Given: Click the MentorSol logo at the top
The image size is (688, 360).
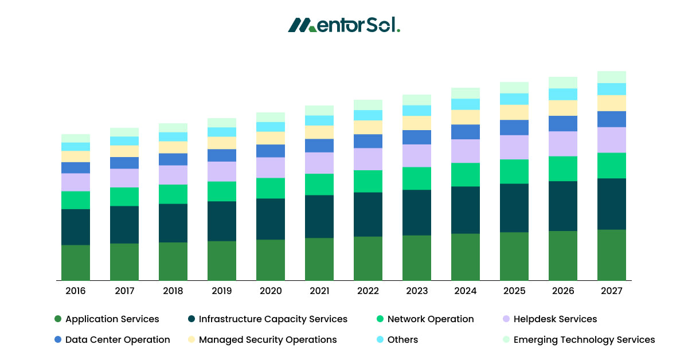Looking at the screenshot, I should click(x=344, y=25).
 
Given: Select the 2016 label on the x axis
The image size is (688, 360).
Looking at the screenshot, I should click(x=76, y=291).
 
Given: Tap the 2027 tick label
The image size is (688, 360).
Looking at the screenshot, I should click(x=611, y=291).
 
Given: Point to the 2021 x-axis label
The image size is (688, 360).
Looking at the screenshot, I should click(x=319, y=291).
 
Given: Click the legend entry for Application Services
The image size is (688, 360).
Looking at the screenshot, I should click(x=107, y=319).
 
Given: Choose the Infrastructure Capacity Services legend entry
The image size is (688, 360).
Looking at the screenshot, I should click(x=268, y=319).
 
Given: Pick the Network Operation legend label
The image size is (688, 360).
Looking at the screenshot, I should click(x=425, y=319).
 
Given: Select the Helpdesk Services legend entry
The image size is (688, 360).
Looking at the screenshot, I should click(x=549, y=319).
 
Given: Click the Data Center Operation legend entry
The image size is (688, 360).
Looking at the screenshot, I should click(x=112, y=340).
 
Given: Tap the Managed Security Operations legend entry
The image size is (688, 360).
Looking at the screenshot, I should click(x=262, y=340).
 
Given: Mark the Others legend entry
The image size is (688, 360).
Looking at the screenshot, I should click(x=397, y=340).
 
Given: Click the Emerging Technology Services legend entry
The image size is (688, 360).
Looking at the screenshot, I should click(x=578, y=340).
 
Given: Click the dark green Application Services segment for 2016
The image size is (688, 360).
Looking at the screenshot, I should click(x=76, y=263).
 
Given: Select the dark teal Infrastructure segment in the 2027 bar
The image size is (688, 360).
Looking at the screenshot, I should click(x=611, y=204).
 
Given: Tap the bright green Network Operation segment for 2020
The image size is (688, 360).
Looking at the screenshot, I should click(x=271, y=188).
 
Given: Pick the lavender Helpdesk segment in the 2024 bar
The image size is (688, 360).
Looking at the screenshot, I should click(x=466, y=151).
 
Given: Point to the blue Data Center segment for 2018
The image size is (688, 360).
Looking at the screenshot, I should click(x=173, y=159).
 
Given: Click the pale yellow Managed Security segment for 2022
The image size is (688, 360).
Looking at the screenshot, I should click(x=368, y=127).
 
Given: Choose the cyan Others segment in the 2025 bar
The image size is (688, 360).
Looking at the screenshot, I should click(x=514, y=99).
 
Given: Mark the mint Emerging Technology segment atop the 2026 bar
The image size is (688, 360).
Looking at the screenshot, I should click(x=563, y=83).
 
